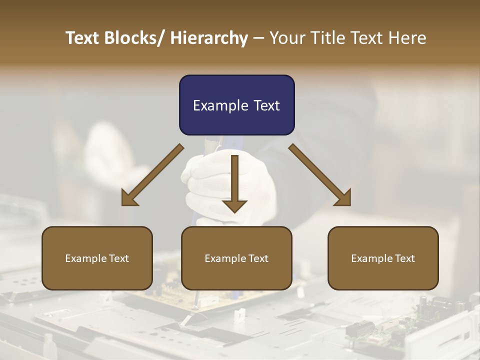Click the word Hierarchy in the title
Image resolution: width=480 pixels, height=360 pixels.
click(209, 38)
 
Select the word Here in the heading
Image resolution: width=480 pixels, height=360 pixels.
click(407, 38)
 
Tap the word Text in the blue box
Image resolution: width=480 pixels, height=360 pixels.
click(265, 105)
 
